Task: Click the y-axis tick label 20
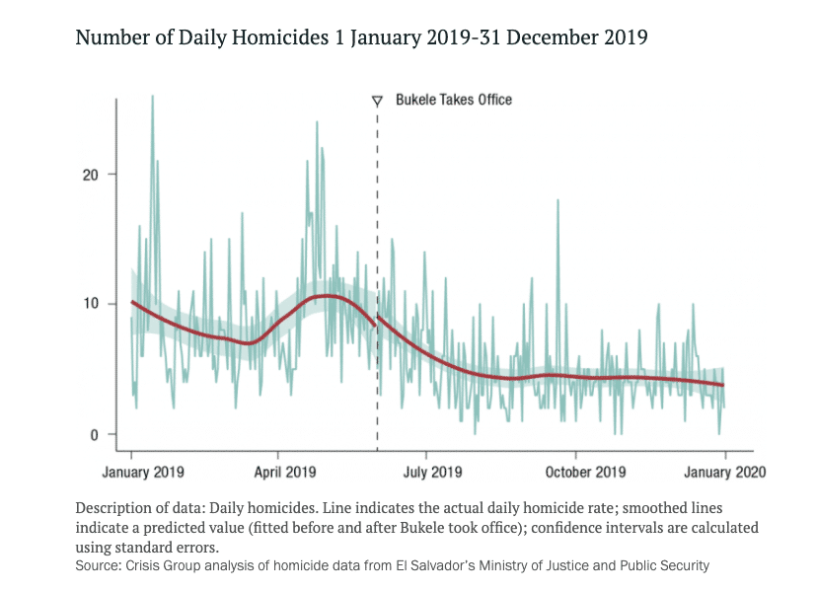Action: [90, 175]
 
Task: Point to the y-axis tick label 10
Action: [90, 303]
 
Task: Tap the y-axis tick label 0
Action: [94, 434]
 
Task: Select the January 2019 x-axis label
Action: [142, 472]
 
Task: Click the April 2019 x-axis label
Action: [285, 472]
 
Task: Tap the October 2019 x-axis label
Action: [584, 472]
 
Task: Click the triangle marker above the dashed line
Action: [377, 101]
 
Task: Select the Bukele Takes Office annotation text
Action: [454, 100]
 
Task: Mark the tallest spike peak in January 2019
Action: [152, 97]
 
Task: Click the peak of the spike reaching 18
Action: [558, 200]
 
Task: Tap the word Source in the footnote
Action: [97, 566]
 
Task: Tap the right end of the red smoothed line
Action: [724, 385]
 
